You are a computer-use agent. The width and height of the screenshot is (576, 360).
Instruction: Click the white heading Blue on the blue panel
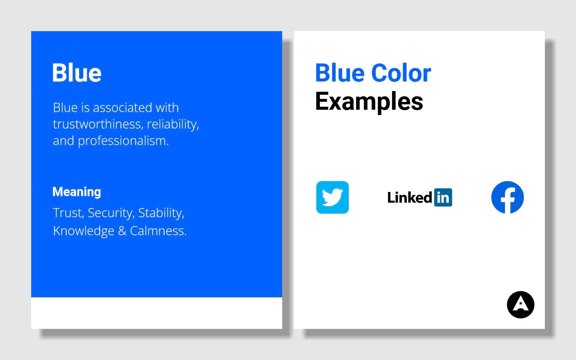tap(77, 73)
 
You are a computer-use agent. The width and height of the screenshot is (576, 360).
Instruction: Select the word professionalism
tap(123, 141)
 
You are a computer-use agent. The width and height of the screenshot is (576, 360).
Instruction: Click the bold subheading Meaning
tap(77, 192)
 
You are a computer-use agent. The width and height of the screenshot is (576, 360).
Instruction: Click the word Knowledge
tap(83, 231)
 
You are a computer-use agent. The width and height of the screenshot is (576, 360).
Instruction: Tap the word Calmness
tap(158, 231)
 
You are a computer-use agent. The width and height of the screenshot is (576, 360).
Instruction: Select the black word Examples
tap(369, 101)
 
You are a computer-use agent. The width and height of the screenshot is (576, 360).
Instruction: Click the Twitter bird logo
tap(332, 197)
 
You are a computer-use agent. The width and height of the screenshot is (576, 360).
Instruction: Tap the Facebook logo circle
tap(507, 197)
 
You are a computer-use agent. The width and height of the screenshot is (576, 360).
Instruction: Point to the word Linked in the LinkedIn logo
tap(409, 198)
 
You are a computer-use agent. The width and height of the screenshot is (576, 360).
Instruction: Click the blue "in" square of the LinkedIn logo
tap(443, 198)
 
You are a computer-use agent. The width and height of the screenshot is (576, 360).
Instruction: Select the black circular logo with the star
tap(520, 304)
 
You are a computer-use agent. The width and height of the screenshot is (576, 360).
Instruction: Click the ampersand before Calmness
tap(122, 231)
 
